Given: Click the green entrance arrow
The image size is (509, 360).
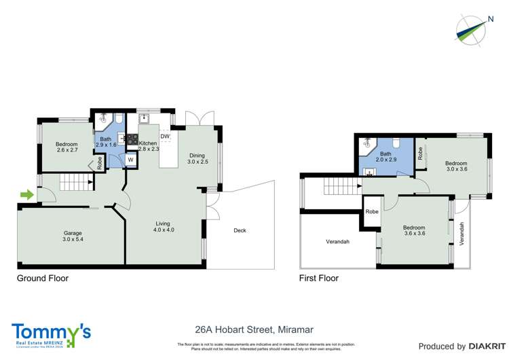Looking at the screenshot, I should pos(26,196).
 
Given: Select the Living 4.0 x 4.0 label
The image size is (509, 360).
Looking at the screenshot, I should pos(163,227).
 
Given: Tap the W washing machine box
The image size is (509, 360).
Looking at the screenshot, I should pos(130,160).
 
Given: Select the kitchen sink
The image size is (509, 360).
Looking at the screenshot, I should pos(144,118).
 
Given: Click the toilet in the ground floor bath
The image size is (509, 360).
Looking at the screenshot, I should pos(119,120).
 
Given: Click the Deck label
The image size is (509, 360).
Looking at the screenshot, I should pos(239,230).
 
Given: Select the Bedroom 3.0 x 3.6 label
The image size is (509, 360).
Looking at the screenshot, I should pos(456,166).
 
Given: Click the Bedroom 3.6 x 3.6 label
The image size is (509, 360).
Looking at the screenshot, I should pos(414,231).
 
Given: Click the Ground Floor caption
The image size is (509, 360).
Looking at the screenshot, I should pos(43,278).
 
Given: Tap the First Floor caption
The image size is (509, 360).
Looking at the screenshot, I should pos(319,278).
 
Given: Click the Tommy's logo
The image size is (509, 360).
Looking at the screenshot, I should pos(51,333).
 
